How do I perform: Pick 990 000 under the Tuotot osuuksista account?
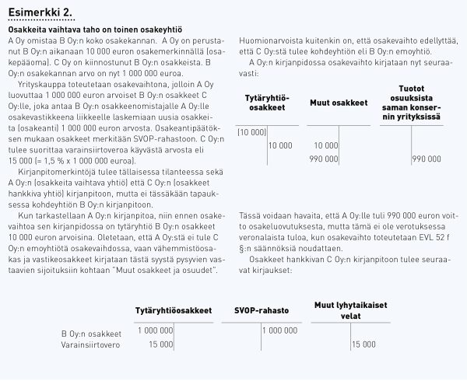[x=426, y=158]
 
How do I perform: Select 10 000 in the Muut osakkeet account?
[x=326, y=145]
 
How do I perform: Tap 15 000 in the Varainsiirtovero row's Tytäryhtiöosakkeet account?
[x=160, y=344]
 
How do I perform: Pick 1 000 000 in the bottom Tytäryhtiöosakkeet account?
[x=155, y=331]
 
